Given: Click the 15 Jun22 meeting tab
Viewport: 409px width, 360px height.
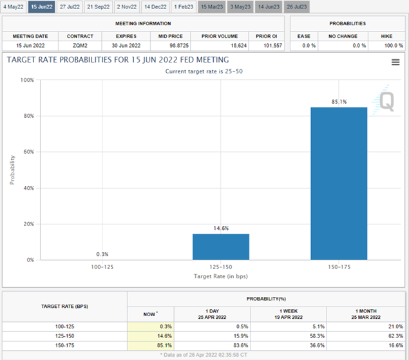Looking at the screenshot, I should (42, 6).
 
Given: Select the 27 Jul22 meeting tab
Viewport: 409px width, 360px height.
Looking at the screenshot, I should (70, 6).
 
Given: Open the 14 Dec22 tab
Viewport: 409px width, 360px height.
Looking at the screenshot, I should (155, 6).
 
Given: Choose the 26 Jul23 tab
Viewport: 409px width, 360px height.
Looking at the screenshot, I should (297, 6).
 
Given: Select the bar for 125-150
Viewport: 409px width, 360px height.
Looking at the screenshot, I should (221, 247).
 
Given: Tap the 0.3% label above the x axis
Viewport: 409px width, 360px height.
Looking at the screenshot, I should (102, 254).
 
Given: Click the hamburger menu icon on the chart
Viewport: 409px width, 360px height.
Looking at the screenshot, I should (395, 62).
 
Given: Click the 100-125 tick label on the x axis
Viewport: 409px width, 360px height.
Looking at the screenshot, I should (102, 267).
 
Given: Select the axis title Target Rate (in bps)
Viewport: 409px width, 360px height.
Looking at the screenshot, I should (220, 276).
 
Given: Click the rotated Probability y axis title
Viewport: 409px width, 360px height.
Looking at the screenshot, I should (12, 169).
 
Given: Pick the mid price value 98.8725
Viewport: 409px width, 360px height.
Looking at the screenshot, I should (169, 46).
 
